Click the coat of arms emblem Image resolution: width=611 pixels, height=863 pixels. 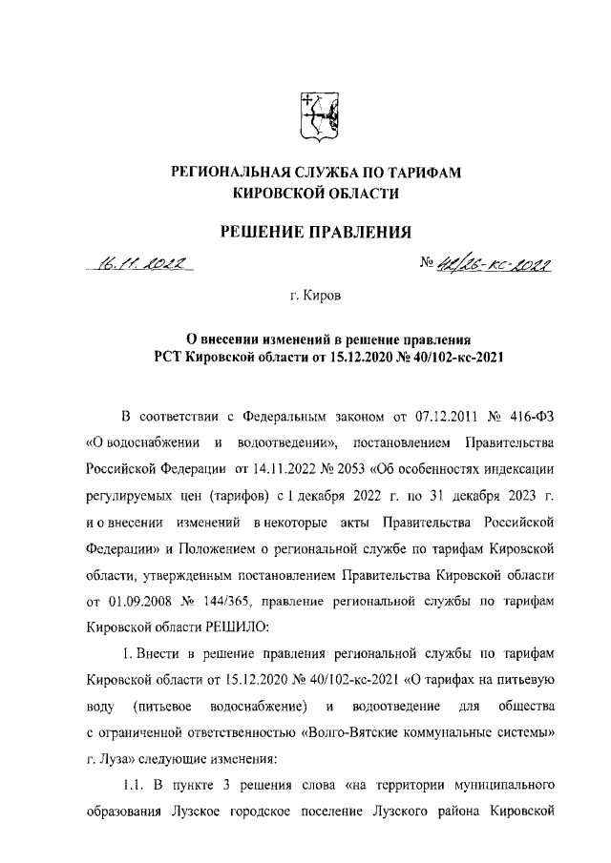pyautogui.click(x=314, y=116)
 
